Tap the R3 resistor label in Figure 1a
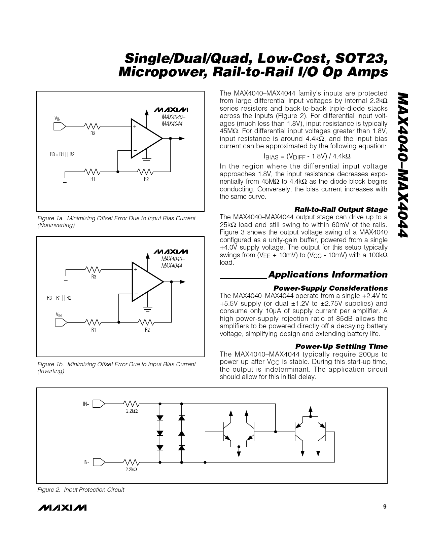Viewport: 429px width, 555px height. coord(93,134)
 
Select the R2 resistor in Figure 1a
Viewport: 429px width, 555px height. coord(145,172)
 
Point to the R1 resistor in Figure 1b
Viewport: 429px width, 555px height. coord(93,322)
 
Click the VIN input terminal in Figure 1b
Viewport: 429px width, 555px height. coord(61,322)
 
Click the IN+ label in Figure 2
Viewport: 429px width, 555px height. coord(86,404)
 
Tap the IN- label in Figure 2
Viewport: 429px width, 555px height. coord(86,462)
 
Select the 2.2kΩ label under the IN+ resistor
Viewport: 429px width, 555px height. coord(132,411)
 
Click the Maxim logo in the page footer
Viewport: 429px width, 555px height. coord(62,508)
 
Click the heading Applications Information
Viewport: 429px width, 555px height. coord(328,275)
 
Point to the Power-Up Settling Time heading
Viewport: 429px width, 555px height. coord(341,346)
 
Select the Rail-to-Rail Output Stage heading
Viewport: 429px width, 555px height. coord(341,210)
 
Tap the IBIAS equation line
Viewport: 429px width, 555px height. coord(307,156)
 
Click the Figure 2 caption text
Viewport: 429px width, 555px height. coord(80,490)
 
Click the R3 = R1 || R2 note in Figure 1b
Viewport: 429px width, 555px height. coord(59,298)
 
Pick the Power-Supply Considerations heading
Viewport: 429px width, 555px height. coord(330,288)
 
